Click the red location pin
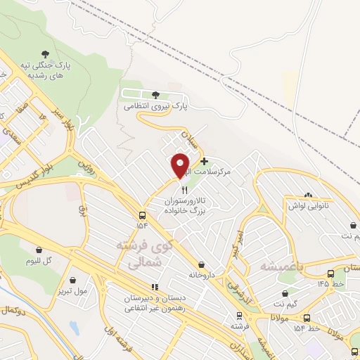point(181,165)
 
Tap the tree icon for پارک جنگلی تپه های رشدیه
point(46,53)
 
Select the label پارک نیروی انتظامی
point(148,105)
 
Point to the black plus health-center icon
point(204,161)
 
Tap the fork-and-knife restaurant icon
point(184,190)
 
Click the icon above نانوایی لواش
point(307,195)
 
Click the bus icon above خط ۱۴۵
point(331,274)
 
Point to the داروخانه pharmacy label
point(201,274)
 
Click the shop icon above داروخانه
point(202,264)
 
